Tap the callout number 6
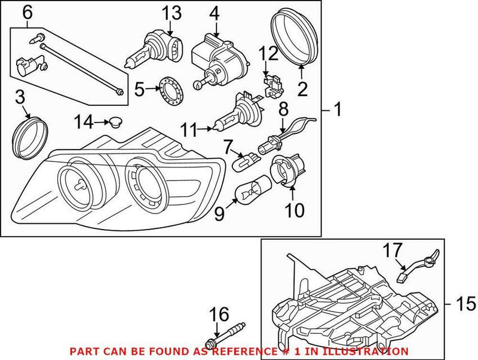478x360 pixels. pos(27,11)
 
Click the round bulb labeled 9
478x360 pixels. pos(247,193)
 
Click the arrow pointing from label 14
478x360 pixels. pos(100,123)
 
